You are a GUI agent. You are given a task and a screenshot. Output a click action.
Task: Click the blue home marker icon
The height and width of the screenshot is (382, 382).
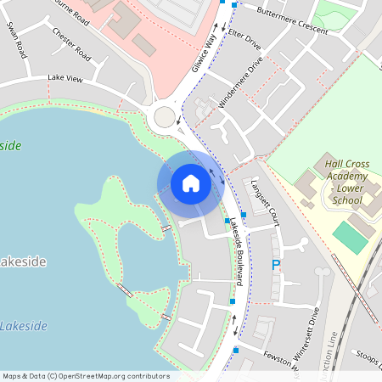point(191,183)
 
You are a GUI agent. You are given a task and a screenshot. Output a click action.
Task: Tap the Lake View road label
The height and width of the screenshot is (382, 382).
point(65,77)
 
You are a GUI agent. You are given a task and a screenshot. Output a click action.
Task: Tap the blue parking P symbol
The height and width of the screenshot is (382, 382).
point(275,266)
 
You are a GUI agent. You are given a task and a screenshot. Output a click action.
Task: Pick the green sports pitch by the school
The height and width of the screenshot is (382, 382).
point(350,236)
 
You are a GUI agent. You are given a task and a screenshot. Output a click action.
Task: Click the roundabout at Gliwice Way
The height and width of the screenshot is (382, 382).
point(164,115)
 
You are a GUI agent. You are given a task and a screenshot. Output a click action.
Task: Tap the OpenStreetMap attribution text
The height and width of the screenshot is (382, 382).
point(85,376)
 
